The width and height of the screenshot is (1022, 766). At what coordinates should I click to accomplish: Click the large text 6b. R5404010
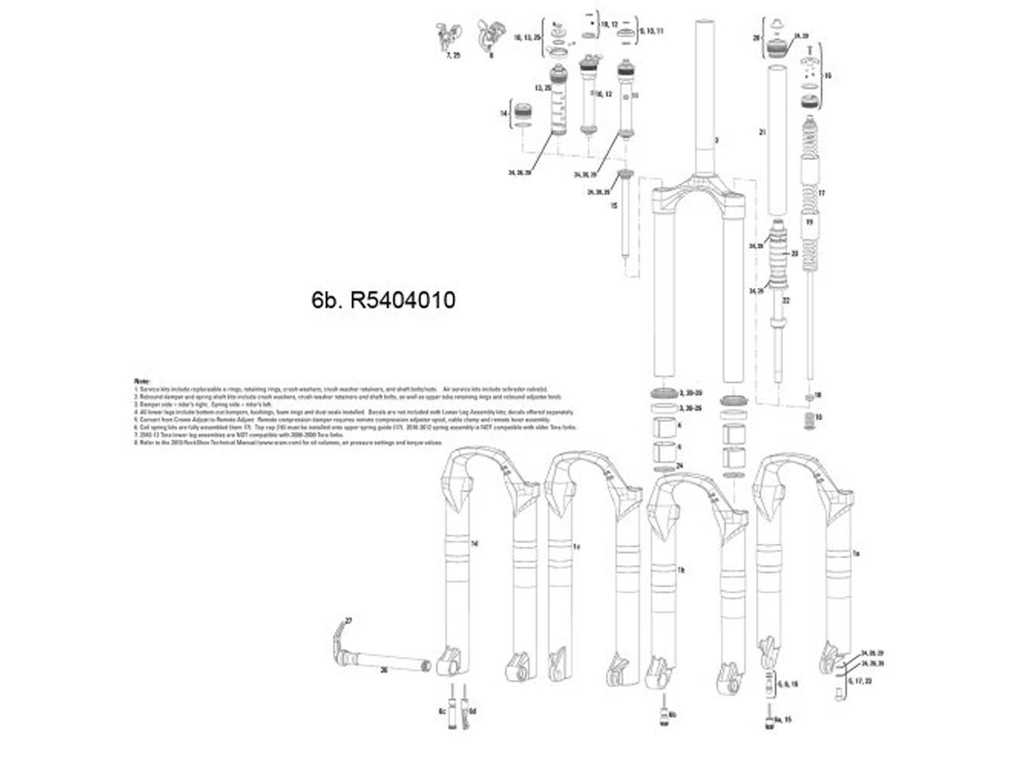(x=383, y=300)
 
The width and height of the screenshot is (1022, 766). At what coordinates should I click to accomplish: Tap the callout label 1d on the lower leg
(x=474, y=543)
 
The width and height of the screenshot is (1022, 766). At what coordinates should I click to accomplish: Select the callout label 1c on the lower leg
(x=576, y=546)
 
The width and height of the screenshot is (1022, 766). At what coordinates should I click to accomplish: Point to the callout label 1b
(x=681, y=569)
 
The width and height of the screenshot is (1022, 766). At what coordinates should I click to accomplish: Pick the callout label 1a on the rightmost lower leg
(x=857, y=553)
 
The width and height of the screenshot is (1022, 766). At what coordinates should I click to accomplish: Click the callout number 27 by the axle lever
(x=349, y=620)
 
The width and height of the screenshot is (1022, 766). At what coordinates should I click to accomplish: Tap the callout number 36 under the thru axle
(x=383, y=670)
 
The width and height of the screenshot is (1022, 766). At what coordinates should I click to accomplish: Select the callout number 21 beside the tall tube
(x=762, y=132)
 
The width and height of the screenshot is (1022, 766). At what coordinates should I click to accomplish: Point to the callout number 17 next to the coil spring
(x=821, y=193)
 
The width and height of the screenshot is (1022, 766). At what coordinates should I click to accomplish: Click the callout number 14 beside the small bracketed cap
(x=503, y=114)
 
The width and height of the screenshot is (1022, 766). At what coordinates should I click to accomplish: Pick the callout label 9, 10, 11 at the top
(x=651, y=31)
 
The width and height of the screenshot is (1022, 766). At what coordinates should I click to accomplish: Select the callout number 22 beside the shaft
(x=786, y=300)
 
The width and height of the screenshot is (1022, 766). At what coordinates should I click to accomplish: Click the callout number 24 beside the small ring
(x=679, y=466)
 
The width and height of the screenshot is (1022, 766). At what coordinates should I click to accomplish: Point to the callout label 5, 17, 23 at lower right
(x=860, y=681)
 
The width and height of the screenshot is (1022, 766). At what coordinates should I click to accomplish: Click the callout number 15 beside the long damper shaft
(x=614, y=206)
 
